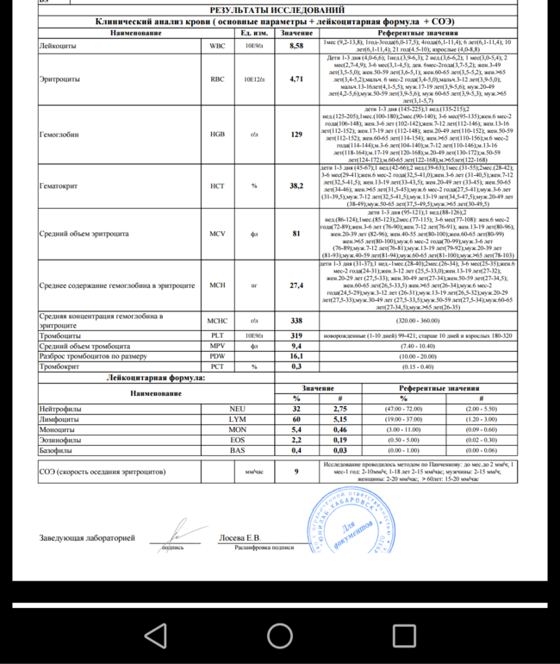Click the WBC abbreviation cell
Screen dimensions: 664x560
[x=217, y=44]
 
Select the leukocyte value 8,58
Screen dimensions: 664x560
[x=296, y=44]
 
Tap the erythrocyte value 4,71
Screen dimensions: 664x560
[x=296, y=78]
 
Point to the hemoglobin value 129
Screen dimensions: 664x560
[x=296, y=135]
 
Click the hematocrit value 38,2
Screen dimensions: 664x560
[x=296, y=185]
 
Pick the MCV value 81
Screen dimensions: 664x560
[x=296, y=233]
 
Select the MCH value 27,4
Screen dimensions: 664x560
[x=296, y=285]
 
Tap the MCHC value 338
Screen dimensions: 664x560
[x=296, y=320]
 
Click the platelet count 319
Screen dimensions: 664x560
[x=296, y=335]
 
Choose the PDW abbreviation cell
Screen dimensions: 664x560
[x=217, y=355]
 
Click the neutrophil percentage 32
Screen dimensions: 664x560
[x=296, y=408]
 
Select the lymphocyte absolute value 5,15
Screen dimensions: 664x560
[x=340, y=418]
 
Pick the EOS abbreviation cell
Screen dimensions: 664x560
[x=238, y=439]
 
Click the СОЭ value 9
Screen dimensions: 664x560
[x=296, y=472]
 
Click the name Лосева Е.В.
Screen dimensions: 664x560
[x=240, y=538]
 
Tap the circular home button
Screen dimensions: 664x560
[x=280, y=636]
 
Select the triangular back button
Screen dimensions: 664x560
[x=156, y=636]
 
